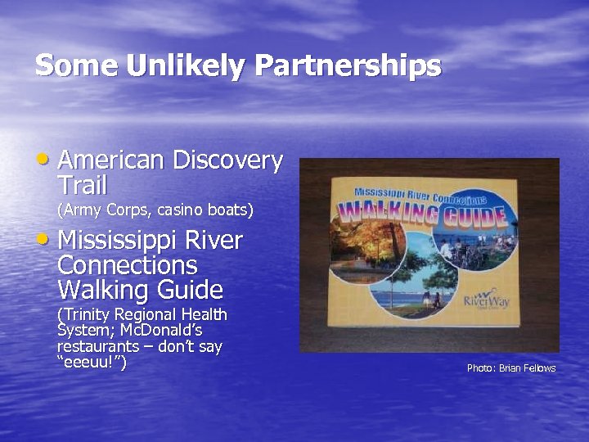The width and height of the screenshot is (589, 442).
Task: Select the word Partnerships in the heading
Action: pyautogui.click(x=343, y=65)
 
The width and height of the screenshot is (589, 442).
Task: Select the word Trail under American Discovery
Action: pyautogui.click(x=82, y=185)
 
